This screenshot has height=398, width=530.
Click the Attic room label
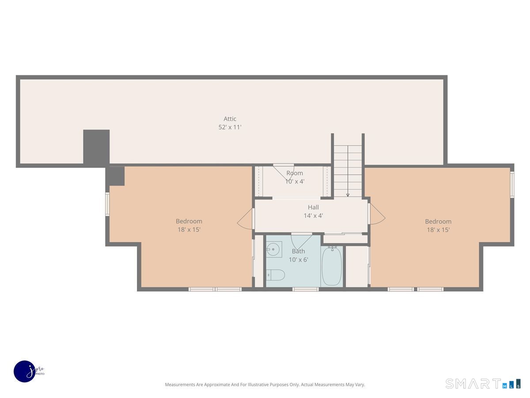(230, 119)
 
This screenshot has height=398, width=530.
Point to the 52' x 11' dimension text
(230, 127)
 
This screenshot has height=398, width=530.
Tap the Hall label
(313, 207)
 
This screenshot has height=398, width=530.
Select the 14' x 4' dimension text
(313, 215)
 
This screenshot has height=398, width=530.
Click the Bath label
(298, 251)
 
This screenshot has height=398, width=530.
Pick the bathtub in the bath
(332, 266)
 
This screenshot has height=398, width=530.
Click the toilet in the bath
(276, 275)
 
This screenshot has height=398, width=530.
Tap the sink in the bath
(274, 249)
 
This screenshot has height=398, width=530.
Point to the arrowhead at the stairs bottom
(348, 195)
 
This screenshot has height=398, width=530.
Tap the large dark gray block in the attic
(96, 147)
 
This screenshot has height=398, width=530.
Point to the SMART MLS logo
(483, 383)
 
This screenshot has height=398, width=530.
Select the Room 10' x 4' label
(295, 177)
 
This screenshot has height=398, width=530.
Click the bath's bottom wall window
(306, 289)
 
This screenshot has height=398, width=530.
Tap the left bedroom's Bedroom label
(189, 221)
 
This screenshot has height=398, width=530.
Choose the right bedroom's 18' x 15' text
(438, 230)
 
